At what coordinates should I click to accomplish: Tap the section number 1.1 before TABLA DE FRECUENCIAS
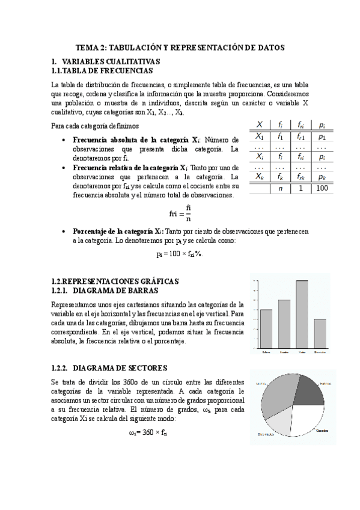click(61, 70)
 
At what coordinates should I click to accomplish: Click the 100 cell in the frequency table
click(322, 188)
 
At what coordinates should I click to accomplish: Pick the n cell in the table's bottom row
click(279, 188)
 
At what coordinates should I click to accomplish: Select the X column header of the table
click(259, 124)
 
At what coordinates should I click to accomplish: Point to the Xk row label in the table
click(259, 177)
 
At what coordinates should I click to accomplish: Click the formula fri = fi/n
click(180, 213)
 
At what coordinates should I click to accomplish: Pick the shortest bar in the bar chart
click(320, 333)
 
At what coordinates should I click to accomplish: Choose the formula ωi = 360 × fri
click(148, 432)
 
